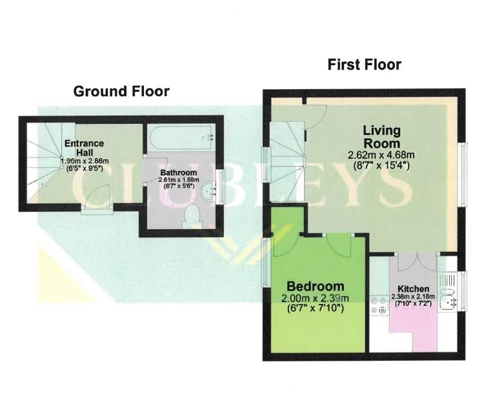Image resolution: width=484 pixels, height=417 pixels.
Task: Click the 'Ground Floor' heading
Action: point(121,91)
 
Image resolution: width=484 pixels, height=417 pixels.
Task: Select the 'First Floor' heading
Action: point(364,65)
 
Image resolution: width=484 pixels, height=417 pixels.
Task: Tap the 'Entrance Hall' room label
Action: point(83,147)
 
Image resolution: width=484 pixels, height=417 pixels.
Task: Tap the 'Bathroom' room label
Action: point(179,172)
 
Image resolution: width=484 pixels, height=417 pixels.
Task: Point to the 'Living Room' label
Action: point(381,137)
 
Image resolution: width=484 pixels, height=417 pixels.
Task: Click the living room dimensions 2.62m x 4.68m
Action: point(381,155)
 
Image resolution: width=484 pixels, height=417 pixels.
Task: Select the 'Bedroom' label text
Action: point(316,287)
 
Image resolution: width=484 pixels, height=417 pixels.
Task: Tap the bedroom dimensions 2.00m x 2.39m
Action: point(315,298)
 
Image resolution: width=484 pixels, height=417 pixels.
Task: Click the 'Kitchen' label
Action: point(413,288)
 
